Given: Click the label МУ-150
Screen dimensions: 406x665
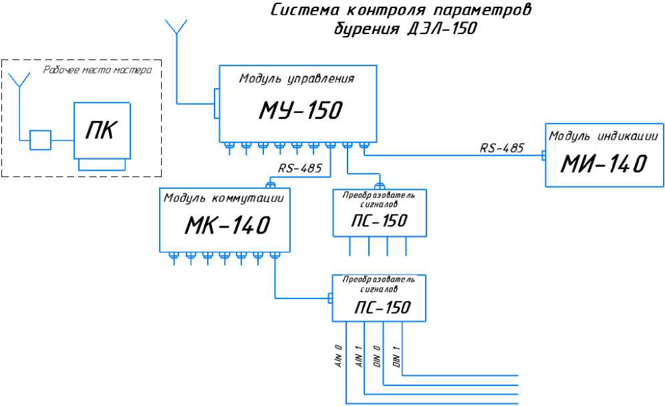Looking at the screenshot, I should point(300,111).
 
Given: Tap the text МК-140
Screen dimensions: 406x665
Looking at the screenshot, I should point(227,226).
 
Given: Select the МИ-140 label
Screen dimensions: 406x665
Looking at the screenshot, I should point(604,163).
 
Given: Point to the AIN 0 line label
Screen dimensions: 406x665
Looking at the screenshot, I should point(339,357).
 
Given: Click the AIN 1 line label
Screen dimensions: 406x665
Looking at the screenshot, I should point(358,357).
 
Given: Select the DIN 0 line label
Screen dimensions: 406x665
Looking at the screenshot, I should point(376,357).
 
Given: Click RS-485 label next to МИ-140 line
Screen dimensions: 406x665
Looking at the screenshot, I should point(501,148).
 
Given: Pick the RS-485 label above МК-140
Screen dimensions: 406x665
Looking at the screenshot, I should point(300,168).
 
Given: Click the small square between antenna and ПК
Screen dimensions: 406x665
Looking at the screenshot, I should point(40,140).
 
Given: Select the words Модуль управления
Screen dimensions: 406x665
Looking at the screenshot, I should point(296,79).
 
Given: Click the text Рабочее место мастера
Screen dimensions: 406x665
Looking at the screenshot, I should point(97,69).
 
